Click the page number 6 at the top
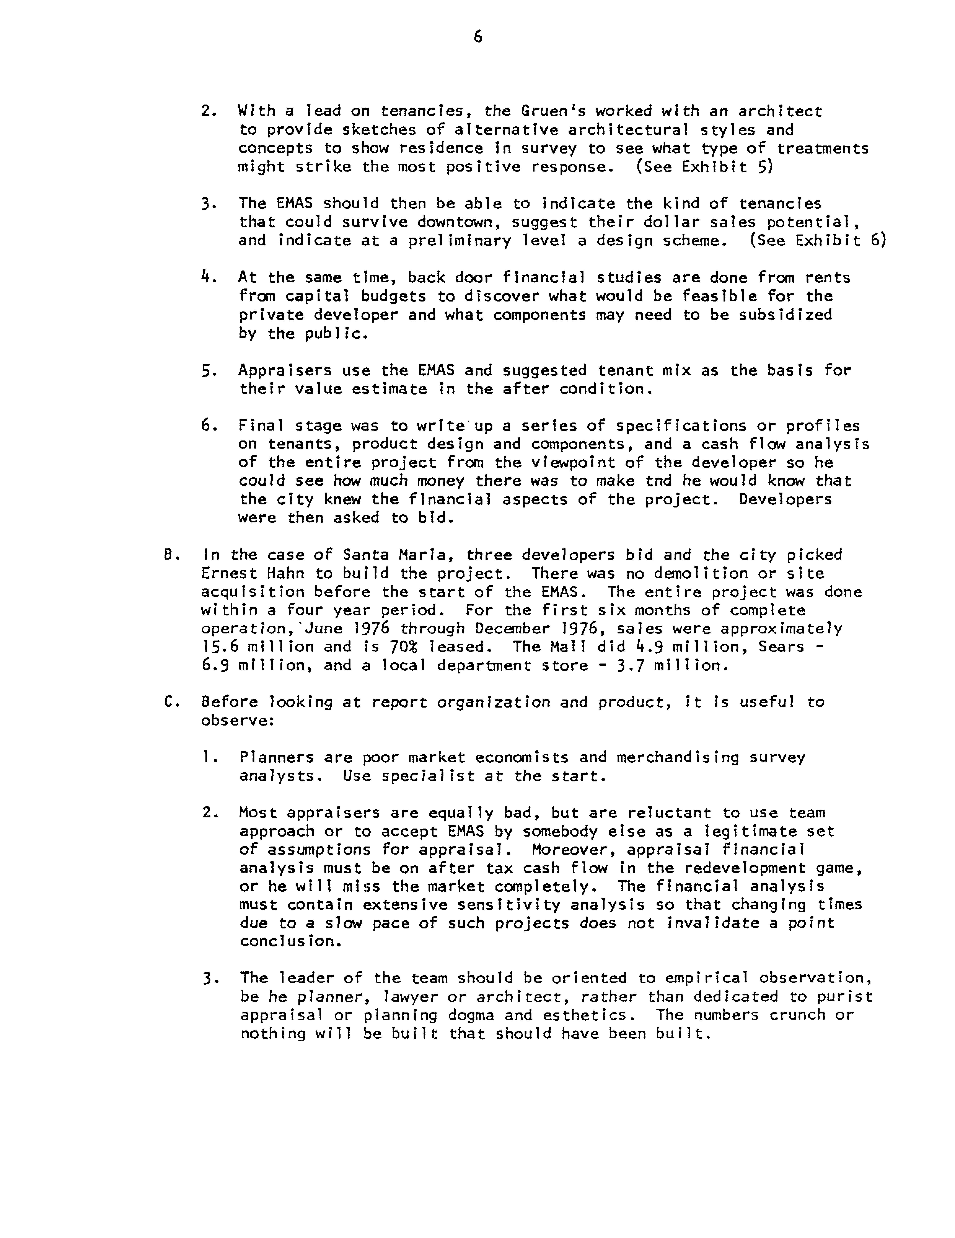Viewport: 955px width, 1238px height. [x=477, y=37]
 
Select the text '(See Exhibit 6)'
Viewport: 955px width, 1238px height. [x=818, y=241]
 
